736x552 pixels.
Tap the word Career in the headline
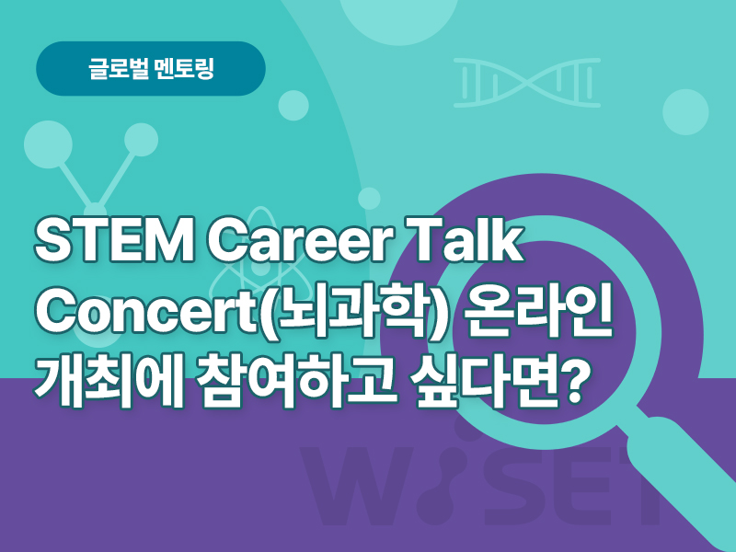pyautogui.click(x=298, y=241)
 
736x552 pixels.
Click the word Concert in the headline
pyautogui.click(x=144, y=310)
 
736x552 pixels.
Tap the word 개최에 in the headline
pyautogui.click(x=108, y=378)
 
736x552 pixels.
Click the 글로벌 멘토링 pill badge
pyautogui.click(x=151, y=68)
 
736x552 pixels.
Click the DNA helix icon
pyautogui.click(x=526, y=83)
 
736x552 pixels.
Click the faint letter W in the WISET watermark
pyautogui.click(x=353, y=486)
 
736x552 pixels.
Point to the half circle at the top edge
pyautogui.click(x=398, y=18)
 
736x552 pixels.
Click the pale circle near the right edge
pyautogui.click(x=685, y=111)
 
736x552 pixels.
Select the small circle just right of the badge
pyautogui.click(x=293, y=105)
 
